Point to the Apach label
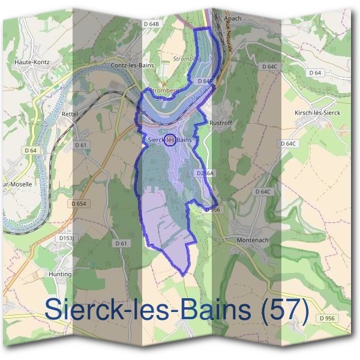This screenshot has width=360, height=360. click(x=232, y=19)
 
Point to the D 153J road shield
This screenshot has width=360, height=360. click(x=66, y=238)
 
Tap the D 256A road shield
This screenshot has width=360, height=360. click(x=205, y=173)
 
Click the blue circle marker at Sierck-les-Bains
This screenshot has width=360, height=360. click(x=170, y=140)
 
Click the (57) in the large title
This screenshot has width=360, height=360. click(x=281, y=310)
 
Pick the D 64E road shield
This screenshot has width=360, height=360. click(x=205, y=80)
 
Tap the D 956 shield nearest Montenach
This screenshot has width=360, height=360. click(x=214, y=209)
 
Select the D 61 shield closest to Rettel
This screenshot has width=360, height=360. click(x=81, y=145)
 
